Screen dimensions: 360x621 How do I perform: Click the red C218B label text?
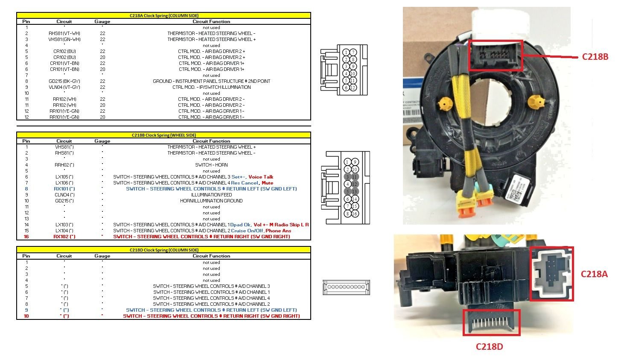595,56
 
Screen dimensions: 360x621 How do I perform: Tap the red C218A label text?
594,274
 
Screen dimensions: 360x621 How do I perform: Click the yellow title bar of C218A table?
164,15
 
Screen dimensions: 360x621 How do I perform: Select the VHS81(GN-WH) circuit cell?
64,39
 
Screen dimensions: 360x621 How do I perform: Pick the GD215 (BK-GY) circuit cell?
64,81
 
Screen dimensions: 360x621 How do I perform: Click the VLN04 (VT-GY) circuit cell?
64,87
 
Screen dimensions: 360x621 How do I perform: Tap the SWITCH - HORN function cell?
211,165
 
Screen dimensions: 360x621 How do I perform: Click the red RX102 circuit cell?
64,237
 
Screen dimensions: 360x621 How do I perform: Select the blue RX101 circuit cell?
64,189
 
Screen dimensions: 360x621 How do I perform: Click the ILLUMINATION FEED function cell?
211,195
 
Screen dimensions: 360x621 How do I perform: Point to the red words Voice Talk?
261,177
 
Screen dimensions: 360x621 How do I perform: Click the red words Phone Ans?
278,231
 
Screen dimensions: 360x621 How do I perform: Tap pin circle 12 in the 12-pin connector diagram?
353,88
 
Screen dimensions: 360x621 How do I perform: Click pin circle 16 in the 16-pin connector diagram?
354,214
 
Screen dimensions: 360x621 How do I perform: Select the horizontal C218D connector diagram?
346,287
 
